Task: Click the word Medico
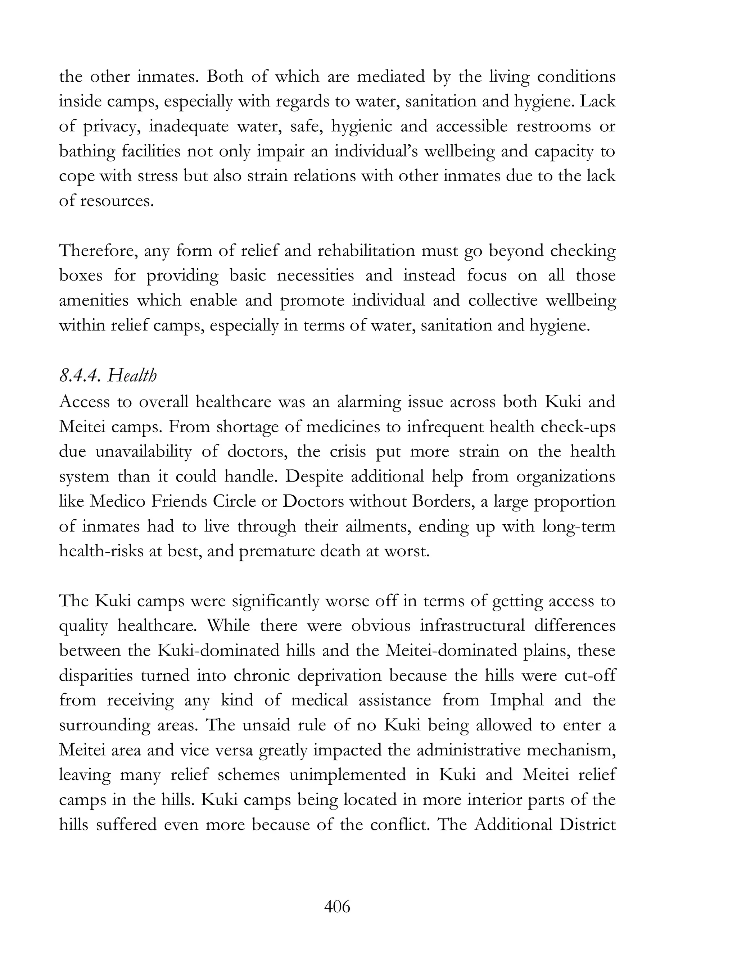[x=117, y=501]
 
